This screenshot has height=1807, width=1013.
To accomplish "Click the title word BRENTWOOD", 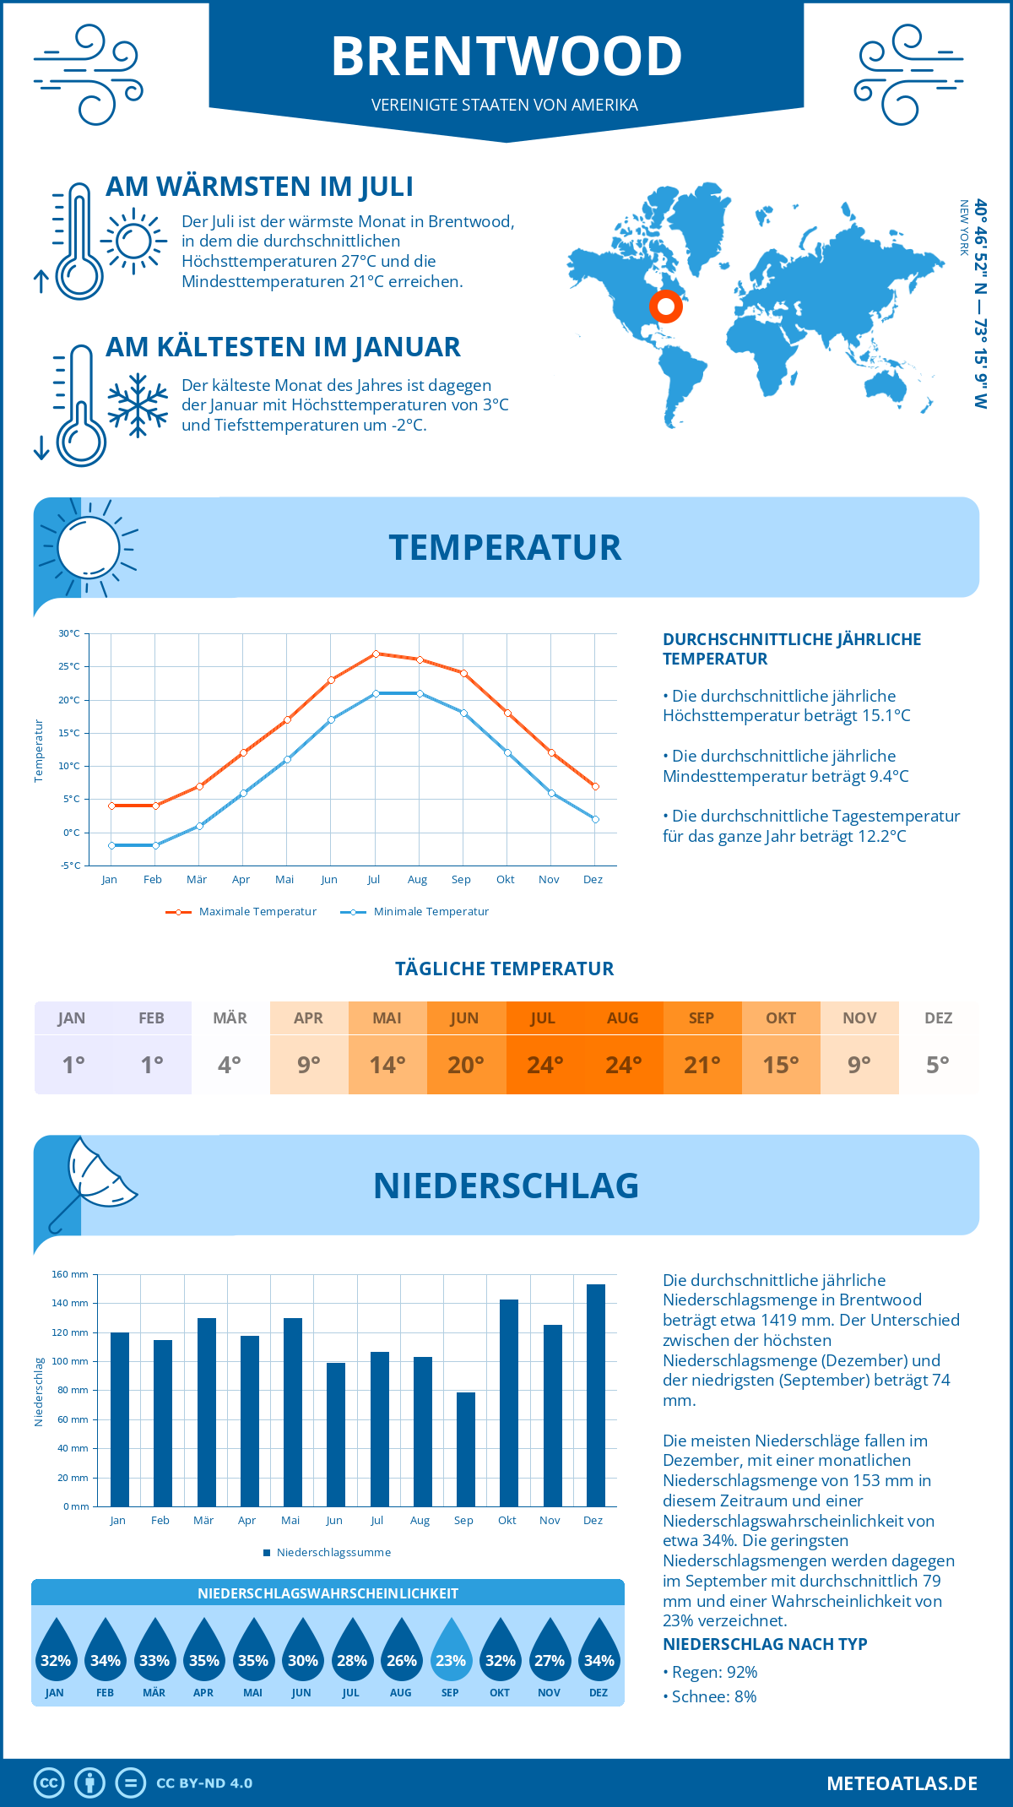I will pos(506,57).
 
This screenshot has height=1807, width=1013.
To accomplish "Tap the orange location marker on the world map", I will pos(666,307).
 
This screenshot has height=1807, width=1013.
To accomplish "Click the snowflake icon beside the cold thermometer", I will pos(138,405).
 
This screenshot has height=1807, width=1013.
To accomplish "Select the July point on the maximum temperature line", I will pos(376,654).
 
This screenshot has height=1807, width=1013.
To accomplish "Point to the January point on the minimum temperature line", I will pos(111,845).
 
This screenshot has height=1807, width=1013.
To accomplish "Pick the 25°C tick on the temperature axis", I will pos(69,666).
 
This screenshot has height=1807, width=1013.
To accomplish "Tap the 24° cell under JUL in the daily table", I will pos(544,1065).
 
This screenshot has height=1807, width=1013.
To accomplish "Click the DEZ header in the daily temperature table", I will pos(938,1018).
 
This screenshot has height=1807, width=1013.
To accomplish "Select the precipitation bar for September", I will pos(466,1449).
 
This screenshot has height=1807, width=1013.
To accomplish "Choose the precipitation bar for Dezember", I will pos(596,1395).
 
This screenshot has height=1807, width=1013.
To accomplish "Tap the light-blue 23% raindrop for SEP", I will pos(451,1650).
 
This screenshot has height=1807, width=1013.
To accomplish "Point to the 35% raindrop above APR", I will pos(203,1650).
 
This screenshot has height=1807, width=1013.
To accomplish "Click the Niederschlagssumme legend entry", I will pos(333,1553).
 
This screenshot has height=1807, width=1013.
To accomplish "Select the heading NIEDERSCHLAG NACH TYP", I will pos(765,1644).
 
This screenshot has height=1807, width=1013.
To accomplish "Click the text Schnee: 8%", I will pos(713,1696).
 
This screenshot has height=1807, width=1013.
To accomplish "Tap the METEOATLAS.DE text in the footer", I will pos(902,1783).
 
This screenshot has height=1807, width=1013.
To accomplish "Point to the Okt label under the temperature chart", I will pos(505,880).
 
